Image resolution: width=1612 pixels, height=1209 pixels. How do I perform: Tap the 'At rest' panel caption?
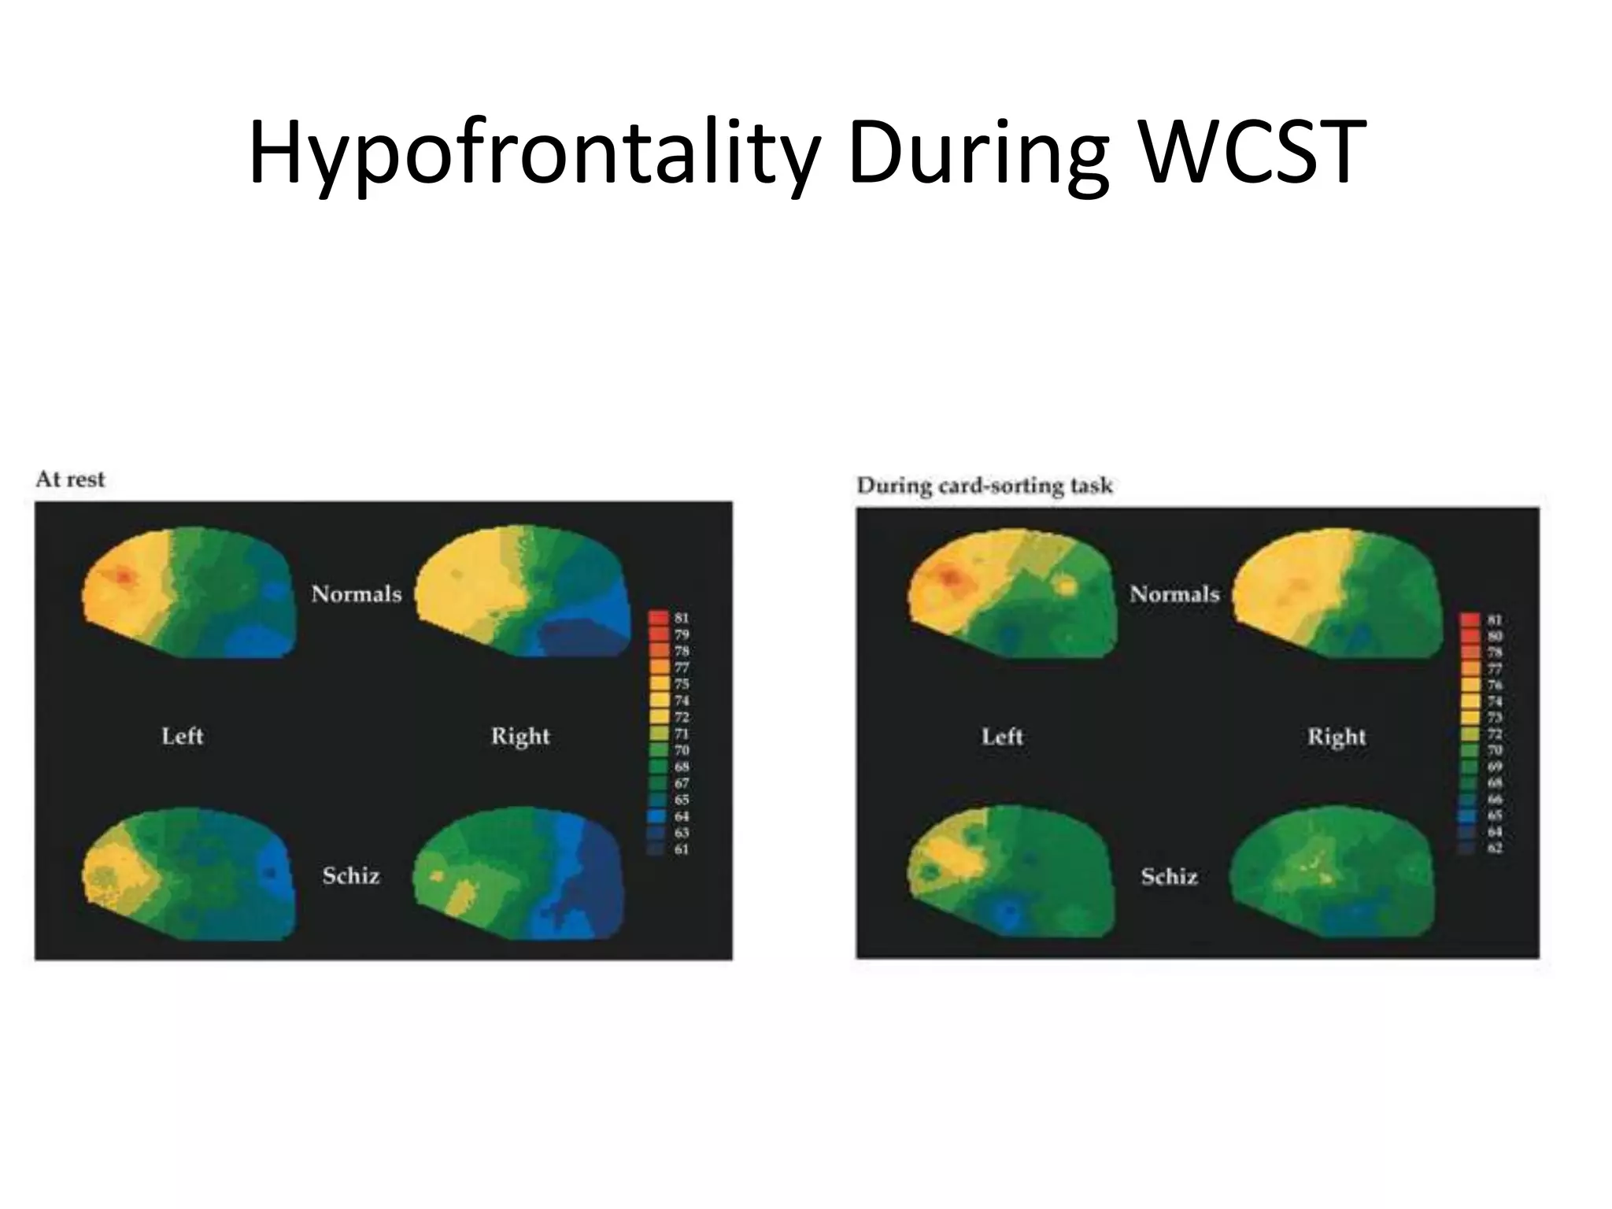click(70, 479)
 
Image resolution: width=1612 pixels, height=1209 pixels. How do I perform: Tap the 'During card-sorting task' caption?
click(985, 486)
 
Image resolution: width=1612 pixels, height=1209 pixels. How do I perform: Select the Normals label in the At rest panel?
click(356, 593)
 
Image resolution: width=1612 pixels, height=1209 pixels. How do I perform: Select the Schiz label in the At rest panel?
click(351, 875)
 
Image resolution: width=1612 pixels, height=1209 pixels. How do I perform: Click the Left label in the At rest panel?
click(183, 736)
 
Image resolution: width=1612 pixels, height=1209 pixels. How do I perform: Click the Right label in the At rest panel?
click(520, 736)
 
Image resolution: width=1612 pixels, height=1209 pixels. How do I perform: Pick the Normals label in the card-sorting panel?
click(1174, 593)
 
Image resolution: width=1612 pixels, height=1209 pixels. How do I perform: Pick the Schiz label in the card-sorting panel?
click(1169, 875)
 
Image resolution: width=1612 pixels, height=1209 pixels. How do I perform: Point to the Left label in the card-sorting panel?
click(1002, 737)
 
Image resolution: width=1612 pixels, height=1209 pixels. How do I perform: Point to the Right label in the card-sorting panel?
click(1337, 737)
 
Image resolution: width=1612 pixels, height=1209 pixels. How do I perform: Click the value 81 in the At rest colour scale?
click(681, 618)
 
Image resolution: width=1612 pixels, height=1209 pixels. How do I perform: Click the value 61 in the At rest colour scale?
click(681, 849)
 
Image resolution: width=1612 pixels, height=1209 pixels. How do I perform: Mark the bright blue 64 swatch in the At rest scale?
click(660, 816)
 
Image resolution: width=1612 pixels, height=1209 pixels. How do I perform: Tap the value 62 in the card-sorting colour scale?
click(1495, 849)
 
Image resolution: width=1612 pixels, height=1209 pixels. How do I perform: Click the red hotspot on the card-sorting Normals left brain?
click(952, 579)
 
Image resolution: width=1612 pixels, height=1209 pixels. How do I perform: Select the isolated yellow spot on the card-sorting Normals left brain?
click(1067, 586)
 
